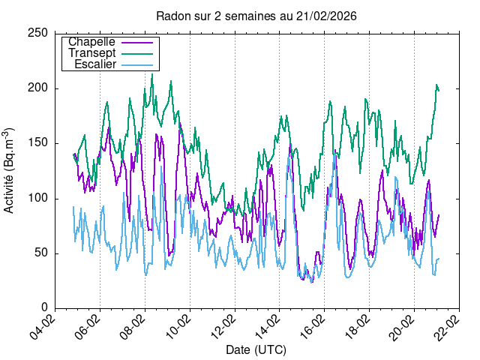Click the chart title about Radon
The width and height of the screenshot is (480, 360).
coord(256,16)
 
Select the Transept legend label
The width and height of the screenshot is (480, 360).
coord(91,53)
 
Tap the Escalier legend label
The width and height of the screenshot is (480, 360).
coord(94,64)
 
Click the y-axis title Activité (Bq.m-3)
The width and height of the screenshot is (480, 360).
coord(10,170)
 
